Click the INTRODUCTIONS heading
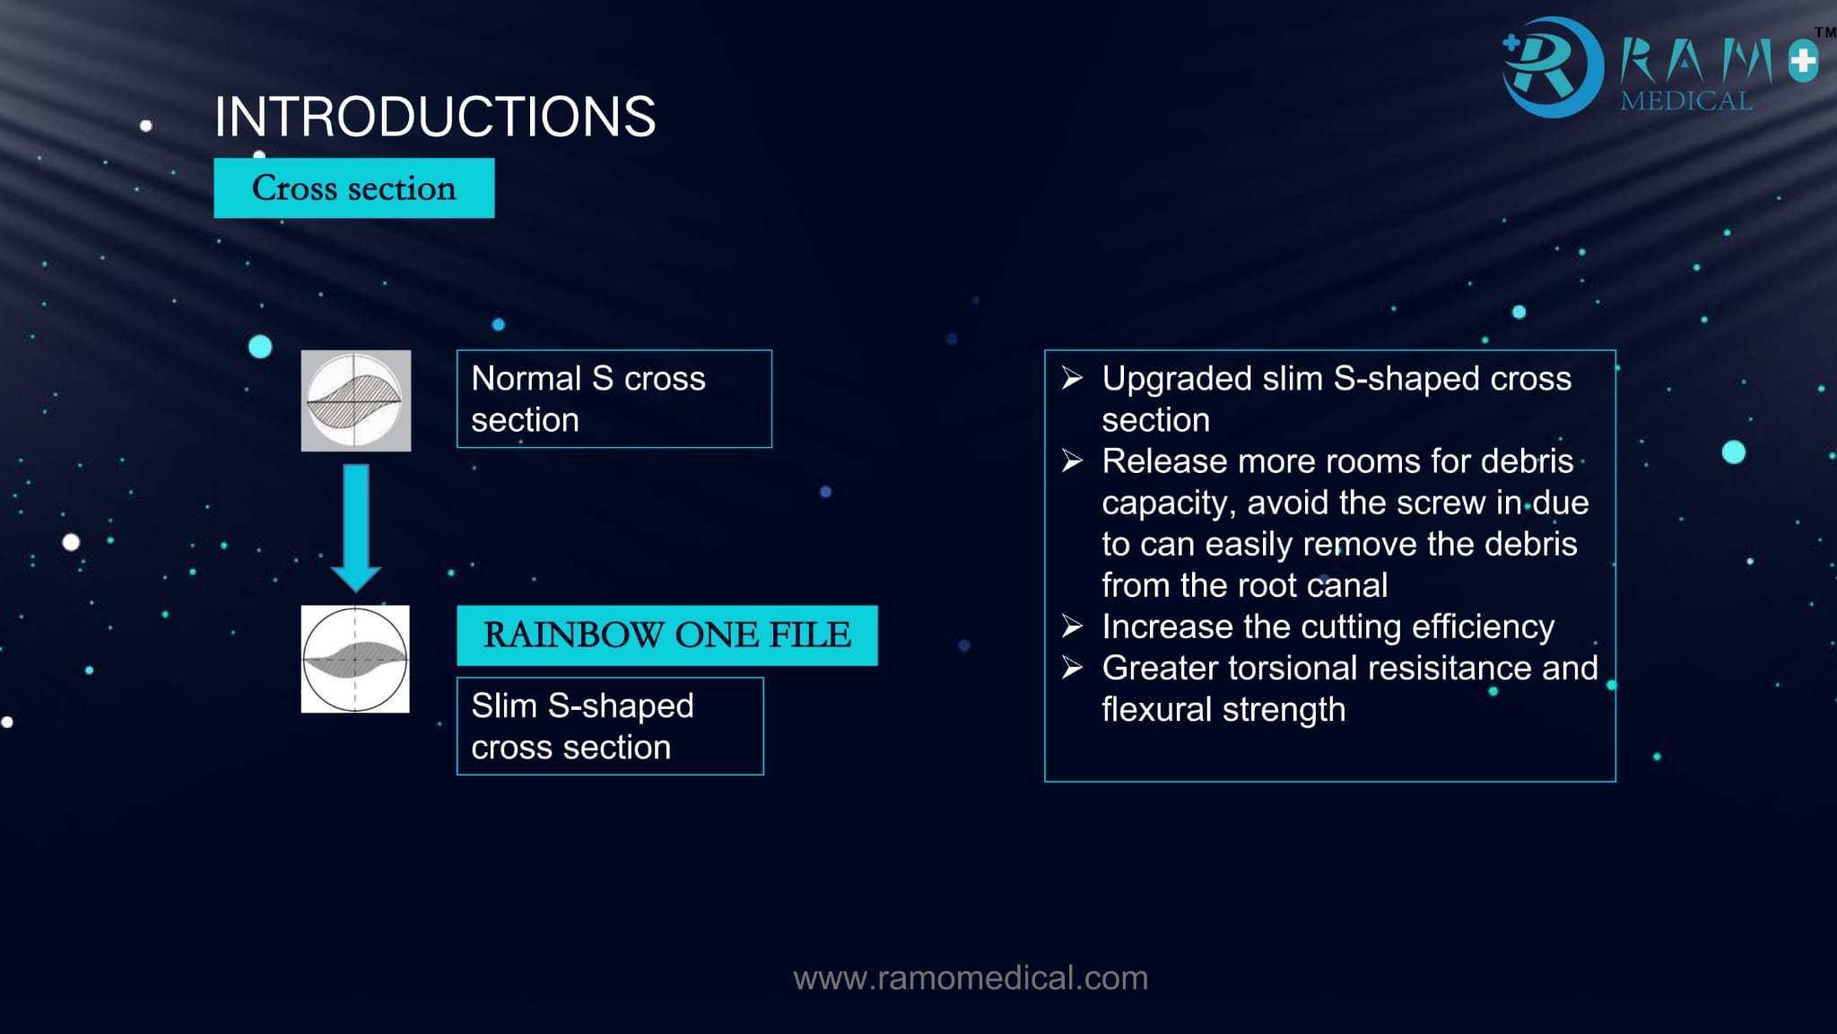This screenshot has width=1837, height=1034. [435, 117]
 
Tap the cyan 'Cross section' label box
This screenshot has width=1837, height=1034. [354, 188]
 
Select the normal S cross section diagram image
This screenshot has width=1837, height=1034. [356, 400]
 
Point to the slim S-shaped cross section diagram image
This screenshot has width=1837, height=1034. [355, 659]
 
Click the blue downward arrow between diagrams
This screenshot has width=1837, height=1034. [356, 528]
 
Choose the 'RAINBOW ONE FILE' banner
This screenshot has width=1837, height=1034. [667, 635]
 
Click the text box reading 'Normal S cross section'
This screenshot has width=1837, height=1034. [614, 399]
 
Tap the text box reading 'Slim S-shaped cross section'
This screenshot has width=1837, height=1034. [610, 726]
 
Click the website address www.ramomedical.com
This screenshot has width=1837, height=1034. [971, 977]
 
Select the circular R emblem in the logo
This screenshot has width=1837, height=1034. [1552, 66]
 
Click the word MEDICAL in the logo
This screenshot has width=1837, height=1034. [1686, 101]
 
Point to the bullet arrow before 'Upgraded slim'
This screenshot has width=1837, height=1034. [1072, 378]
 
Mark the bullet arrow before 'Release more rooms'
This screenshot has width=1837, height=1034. [1072, 461]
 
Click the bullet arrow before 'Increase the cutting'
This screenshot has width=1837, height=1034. [1072, 626]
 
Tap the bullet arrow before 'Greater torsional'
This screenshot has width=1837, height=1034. [1072, 668]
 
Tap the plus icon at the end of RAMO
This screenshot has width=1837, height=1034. [1803, 62]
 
